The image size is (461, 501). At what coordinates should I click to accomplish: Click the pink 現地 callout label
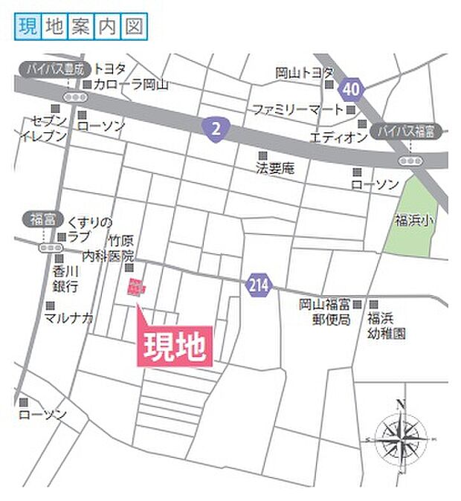pos(174,346)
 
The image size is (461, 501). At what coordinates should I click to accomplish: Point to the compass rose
pos(400,436)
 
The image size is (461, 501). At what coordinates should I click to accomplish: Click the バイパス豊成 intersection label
pos(50,69)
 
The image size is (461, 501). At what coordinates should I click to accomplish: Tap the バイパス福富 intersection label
pos(408,132)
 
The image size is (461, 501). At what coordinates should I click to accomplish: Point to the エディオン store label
pos(338,138)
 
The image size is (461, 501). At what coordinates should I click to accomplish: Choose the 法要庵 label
pos(275,169)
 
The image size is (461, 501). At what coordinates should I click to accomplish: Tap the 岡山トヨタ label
pos(305,73)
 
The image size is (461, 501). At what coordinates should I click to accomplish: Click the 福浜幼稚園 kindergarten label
pos(385,326)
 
